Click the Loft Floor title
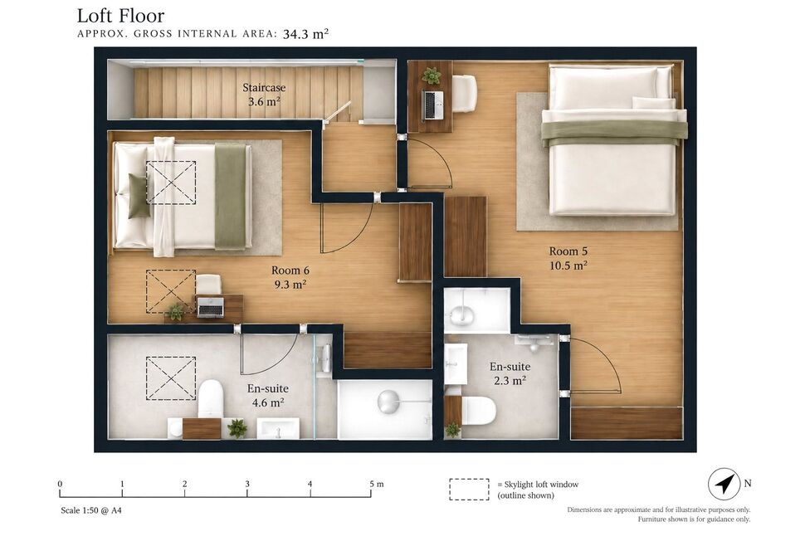pos(120,16)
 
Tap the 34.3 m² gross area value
pos(305,34)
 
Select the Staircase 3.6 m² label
pos(264,95)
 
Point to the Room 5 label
pos(568,251)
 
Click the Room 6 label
pos(290,270)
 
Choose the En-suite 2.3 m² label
pos(510,373)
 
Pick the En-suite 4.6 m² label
pos(267,395)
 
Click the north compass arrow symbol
pos(724,484)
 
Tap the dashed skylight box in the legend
pos(469,490)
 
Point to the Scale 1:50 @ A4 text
pos(90,510)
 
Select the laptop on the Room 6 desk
pos(211,307)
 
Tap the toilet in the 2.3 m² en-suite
pos(480,411)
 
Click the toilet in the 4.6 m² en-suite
pos(211,399)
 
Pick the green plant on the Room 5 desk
pos(432,76)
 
